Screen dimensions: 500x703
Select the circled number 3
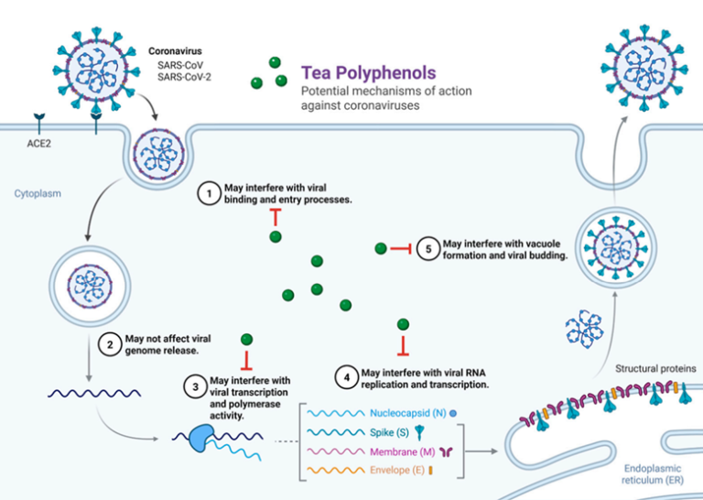pyautogui.click(x=196, y=386)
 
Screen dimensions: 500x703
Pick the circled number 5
pyautogui.click(x=427, y=249)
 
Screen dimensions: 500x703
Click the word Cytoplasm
pyautogui.click(x=37, y=194)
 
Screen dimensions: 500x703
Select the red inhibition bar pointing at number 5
pyautogui.click(x=399, y=249)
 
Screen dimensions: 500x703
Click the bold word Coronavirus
pyautogui.click(x=180, y=51)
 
